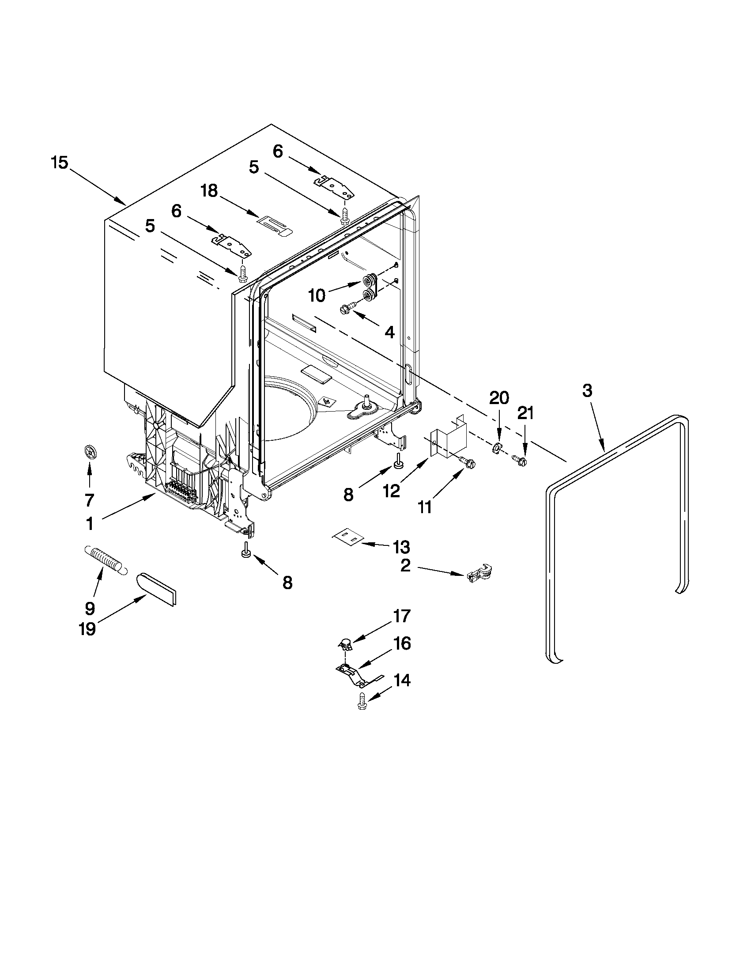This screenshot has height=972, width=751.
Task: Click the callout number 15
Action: [x=59, y=163]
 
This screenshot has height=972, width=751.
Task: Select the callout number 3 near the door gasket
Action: [x=587, y=391]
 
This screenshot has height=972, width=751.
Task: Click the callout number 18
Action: [x=209, y=191]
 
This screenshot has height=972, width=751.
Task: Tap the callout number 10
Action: [x=317, y=296]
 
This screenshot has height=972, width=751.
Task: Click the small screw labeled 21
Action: [x=520, y=460]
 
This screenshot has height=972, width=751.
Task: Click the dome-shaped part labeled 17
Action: [x=344, y=643]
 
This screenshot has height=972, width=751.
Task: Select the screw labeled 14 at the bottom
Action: [x=362, y=701]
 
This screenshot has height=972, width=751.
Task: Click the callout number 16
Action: [x=402, y=644]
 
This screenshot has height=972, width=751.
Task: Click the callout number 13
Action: [x=401, y=547]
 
